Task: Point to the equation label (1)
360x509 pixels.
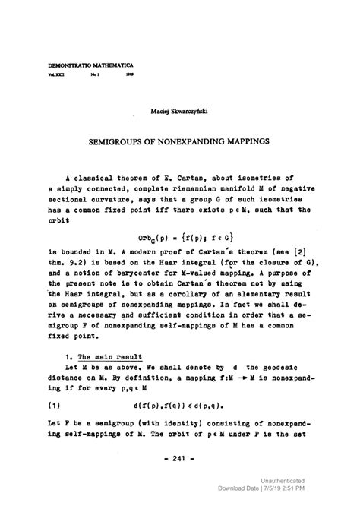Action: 54,406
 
